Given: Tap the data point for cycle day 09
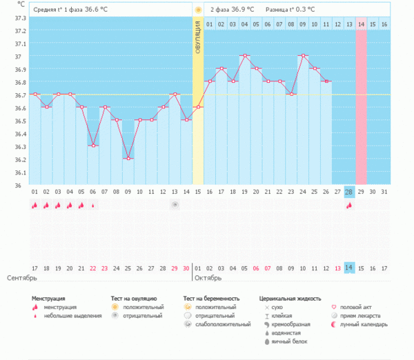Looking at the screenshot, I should pos(128,159).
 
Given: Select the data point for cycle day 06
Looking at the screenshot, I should pos(92,146).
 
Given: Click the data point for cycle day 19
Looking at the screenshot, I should pos(245,55).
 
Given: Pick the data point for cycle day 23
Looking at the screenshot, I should pos(292,94).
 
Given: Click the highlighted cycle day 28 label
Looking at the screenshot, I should pos(350,192).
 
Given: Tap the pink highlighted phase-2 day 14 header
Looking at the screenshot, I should pos(362,24).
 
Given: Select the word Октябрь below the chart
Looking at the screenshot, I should pos(208,278).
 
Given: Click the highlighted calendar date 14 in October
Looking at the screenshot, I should pos(350,268).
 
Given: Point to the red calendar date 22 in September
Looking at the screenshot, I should pos(92,268).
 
